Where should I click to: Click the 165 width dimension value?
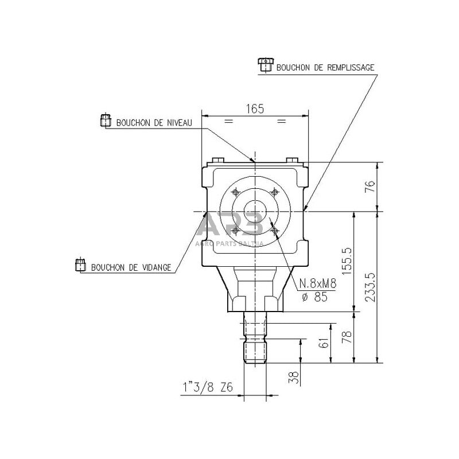click(x=255, y=109)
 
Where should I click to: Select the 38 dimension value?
click(x=293, y=377)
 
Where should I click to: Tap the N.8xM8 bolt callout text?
click(x=318, y=283)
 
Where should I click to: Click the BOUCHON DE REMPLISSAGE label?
click(x=325, y=68)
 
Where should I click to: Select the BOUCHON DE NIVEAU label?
click(x=154, y=123)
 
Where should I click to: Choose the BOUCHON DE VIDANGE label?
click(x=131, y=267)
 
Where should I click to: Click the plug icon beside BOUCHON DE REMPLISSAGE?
click(x=264, y=65)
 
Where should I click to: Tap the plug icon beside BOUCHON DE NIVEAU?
click(x=106, y=121)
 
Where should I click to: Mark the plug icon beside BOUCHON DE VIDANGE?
click(x=80, y=265)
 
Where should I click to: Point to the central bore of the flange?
click(x=254, y=211)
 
